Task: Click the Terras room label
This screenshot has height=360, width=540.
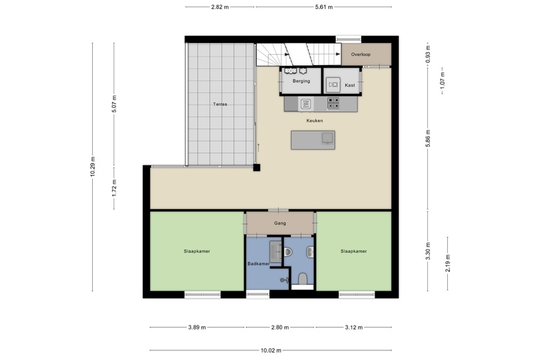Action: pyautogui.click(x=219, y=104)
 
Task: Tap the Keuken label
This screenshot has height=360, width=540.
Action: pyautogui.click(x=314, y=120)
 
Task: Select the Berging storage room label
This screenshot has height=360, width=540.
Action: pyautogui.click(x=301, y=81)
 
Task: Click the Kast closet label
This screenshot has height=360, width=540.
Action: pyautogui.click(x=350, y=85)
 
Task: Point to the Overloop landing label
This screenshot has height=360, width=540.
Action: pyautogui.click(x=361, y=55)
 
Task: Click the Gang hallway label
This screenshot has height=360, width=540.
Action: pyautogui.click(x=280, y=223)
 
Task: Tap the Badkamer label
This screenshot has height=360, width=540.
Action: pyautogui.click(x=259, y=264)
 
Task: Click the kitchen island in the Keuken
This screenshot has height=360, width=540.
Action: pyautogui.click(x=313, y=140)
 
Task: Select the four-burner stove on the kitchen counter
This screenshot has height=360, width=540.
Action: pyautogui.click(x=333, y=103)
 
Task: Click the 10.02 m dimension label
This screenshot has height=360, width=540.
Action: pyautogui.click(x=271, y=351)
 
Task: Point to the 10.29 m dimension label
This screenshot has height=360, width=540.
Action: pyautogui.click(x=93, y=167)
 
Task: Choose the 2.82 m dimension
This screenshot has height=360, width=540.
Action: pyautogui.click(x=219, y=7)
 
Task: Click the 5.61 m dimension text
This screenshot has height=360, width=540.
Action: pyautogui.click(x=324, y=7)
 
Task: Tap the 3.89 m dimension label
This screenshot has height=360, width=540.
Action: pyautogui.click(x=197, y=327)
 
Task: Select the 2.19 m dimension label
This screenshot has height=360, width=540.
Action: pyautogui.click(x=448, y=263)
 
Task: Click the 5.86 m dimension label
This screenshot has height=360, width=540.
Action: pyautogui.click(x=428, y=138)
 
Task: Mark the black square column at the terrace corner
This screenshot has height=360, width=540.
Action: pyautogui.click(x=257, y=168)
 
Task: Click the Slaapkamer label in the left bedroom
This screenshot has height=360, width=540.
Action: pyautogui.click(x=197, y=251)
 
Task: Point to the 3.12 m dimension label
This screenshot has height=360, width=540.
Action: pyautogui.click(x=354, y=327)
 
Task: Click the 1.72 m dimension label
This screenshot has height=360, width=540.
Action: pyautogui.click(x=114, y=188)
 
